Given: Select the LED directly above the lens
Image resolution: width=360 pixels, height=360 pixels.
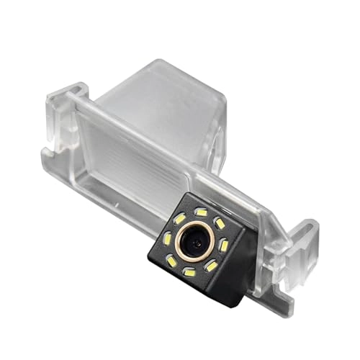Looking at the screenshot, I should pos(202,213).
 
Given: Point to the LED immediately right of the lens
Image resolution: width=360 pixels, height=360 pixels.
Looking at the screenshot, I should pos(223,246).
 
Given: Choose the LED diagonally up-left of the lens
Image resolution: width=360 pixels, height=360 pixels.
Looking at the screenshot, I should pos(179,218).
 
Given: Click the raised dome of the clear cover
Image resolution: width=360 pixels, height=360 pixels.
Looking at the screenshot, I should pos(166,108).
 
